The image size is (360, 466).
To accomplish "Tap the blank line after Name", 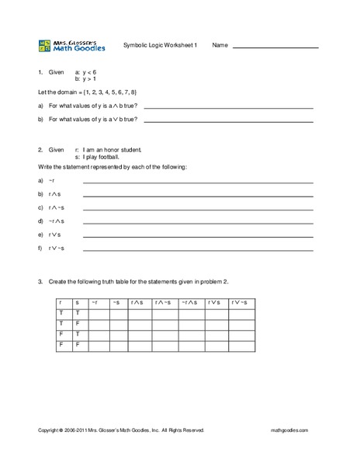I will pos(275,47).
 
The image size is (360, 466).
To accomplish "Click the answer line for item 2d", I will pos(198,223).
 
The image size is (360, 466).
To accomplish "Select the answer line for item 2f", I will pos(198,250).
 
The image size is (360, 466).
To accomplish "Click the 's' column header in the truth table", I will pos(77,302).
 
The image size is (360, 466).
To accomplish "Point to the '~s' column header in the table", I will pos(116,302).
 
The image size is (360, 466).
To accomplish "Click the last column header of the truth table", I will pos(238,302).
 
